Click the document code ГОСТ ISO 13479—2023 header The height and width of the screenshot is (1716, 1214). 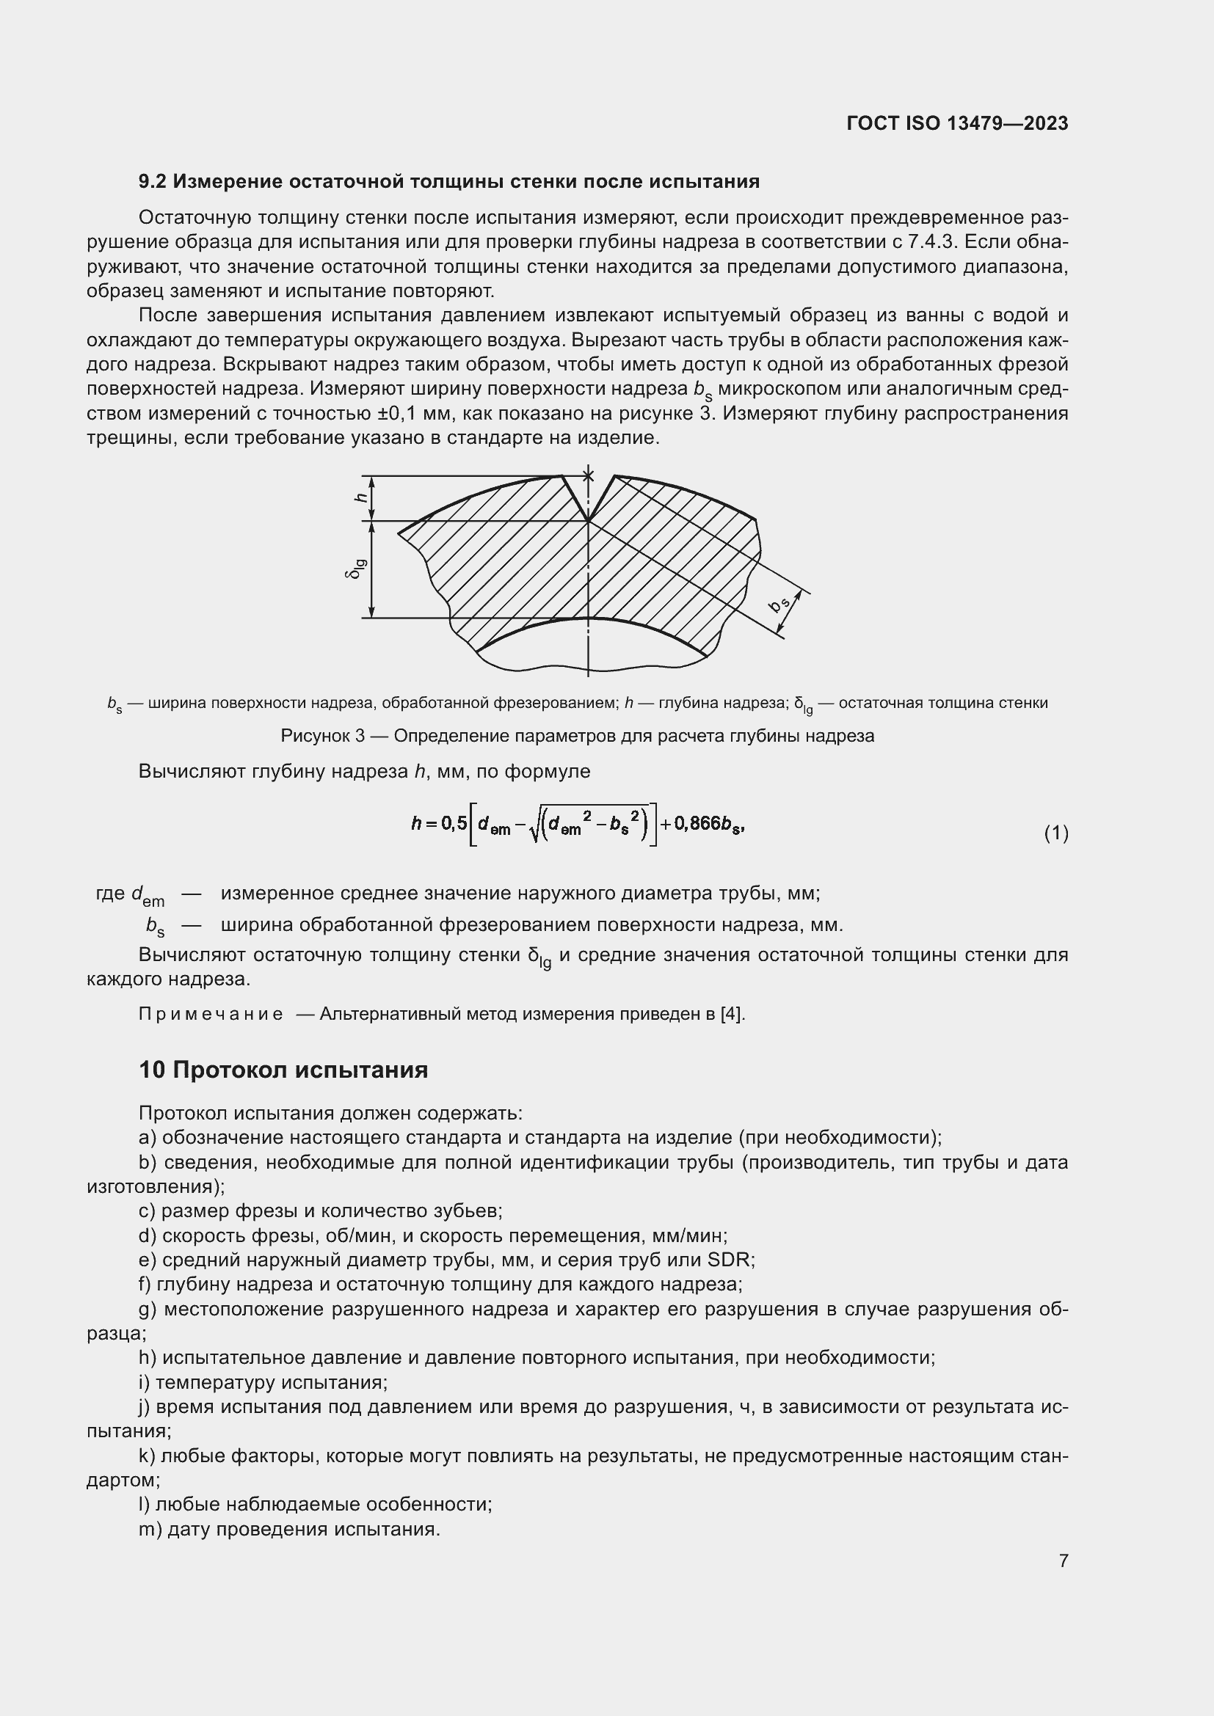(957, 123)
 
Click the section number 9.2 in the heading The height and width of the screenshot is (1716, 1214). (153, 182)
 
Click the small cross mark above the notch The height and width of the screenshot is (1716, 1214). (589, 475)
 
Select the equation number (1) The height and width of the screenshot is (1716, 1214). (1055, 833)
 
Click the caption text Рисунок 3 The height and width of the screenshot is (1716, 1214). (322, 736)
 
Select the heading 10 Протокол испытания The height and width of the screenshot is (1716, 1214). (283, 1070)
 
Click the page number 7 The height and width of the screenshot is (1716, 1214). (1063, 1560)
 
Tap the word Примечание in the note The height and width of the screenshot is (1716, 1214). (211, 1014)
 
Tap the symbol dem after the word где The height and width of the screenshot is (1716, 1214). (148, 894)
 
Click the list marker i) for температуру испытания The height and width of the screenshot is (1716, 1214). (145, 1382)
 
